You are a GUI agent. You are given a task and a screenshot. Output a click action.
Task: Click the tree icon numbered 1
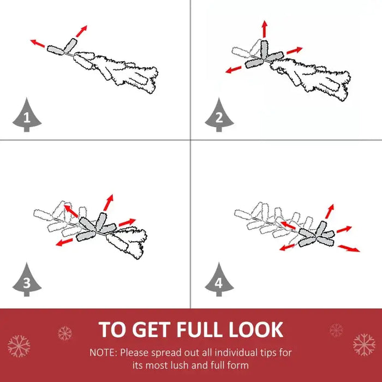(27, 115)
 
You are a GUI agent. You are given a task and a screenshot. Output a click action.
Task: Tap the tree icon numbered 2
(219, 115)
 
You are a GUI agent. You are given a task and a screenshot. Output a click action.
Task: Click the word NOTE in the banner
(104, 353)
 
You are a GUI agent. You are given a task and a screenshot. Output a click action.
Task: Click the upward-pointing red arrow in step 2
(265, 29)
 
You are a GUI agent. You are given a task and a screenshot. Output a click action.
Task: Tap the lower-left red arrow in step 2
(234, 70)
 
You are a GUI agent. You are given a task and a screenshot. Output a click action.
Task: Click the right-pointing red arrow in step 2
(295, 50)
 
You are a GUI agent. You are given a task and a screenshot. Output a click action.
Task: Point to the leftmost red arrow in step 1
(38, 43)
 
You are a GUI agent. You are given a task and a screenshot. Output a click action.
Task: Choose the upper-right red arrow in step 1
(81, 31)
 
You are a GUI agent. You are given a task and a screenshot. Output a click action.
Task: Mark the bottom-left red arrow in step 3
(64, 242)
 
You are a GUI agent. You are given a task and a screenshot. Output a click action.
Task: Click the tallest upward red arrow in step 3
(108, 202)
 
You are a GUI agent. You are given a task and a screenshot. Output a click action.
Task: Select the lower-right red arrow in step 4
(349, 248)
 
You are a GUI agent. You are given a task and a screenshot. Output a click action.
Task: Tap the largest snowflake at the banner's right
(364, 344)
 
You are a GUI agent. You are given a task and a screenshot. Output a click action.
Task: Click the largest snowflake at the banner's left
(19, 346)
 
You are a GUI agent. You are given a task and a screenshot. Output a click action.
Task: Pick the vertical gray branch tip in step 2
(264, 49)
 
